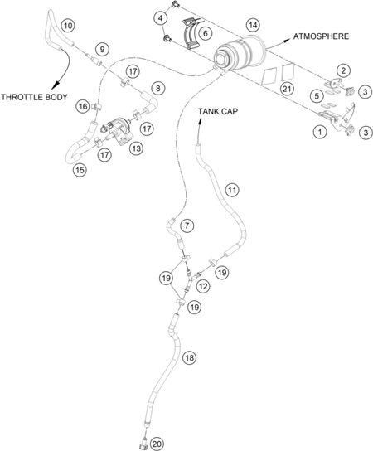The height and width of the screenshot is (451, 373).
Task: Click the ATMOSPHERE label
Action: (x=321, y=36)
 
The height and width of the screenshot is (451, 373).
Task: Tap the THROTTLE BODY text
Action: (x=34, y=97)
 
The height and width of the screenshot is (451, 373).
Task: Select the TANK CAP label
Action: (x=218, y=111)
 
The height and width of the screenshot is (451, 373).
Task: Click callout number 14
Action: (x=253, y=26)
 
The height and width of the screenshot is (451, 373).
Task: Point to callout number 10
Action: (x=68, y=26)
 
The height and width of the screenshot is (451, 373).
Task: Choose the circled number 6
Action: (x=206, y=33)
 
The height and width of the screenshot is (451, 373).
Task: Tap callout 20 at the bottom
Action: (x=157, y=444)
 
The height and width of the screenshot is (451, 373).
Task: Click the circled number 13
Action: (x=136, y=148)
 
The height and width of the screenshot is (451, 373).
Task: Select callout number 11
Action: (x=232, y=190)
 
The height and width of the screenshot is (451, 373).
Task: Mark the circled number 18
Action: (x=190, y=358)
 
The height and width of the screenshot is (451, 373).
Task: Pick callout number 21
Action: (x=287, y=89)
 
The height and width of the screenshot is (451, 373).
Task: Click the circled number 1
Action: (x=320, y=133)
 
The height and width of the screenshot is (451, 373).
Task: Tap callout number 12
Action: (x=203, y=286)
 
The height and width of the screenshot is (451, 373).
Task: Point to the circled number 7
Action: (x=187, y=225)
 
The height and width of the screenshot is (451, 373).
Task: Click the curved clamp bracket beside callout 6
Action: (x=190, y=34)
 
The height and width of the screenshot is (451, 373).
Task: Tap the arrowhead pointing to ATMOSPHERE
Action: (x=286, y=41)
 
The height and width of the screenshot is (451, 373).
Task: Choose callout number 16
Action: (x=83, y=107)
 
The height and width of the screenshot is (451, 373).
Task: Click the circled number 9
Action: (x=103, y=49)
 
